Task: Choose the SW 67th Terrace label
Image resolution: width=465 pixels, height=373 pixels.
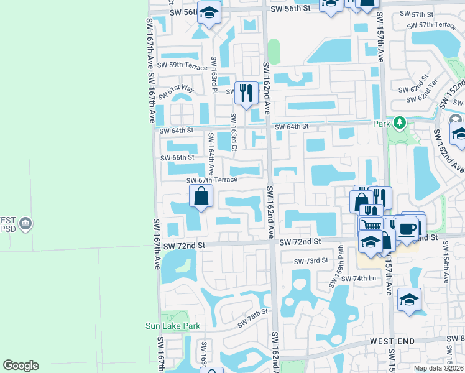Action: (212, 180)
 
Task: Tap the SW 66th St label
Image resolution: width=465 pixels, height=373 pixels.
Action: (177, 157)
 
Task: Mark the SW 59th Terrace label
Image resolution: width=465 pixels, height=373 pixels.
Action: (182, 64)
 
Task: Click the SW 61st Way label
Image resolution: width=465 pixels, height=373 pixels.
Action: (176, 93)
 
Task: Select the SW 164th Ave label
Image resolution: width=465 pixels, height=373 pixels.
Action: (212, 154)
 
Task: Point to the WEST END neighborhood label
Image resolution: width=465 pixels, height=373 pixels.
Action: (392, 342)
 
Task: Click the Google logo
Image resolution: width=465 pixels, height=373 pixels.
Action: (21, 366)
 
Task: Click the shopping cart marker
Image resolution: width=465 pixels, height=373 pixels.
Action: (370, 227)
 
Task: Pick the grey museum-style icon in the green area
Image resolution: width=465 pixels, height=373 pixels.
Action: (25, 223)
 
